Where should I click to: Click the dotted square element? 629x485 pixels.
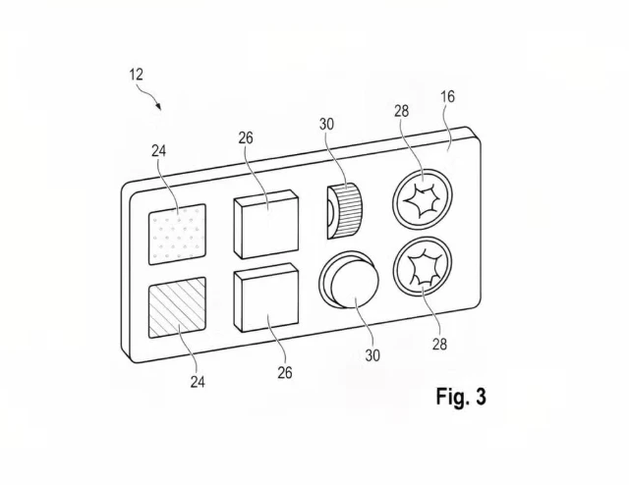177,235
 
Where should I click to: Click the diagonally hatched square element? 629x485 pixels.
177,307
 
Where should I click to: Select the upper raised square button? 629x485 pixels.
266,224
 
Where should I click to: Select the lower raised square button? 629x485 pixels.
266,297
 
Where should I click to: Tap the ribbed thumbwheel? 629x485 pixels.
345,211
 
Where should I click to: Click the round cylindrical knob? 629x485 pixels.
350,280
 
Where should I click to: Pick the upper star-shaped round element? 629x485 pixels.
423,199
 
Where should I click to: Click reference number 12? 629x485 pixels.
136,75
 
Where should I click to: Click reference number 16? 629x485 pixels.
448,96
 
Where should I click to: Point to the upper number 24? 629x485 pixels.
158,151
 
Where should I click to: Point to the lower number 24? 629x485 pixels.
198,382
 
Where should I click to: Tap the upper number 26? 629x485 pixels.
246,137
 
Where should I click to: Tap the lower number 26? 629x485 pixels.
285,373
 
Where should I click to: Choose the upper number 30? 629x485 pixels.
326,125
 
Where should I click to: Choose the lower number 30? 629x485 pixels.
372,355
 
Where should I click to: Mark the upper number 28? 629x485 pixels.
401,111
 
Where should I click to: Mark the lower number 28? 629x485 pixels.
439,344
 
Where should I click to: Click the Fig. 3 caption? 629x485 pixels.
461,397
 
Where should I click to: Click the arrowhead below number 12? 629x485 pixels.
159,107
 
